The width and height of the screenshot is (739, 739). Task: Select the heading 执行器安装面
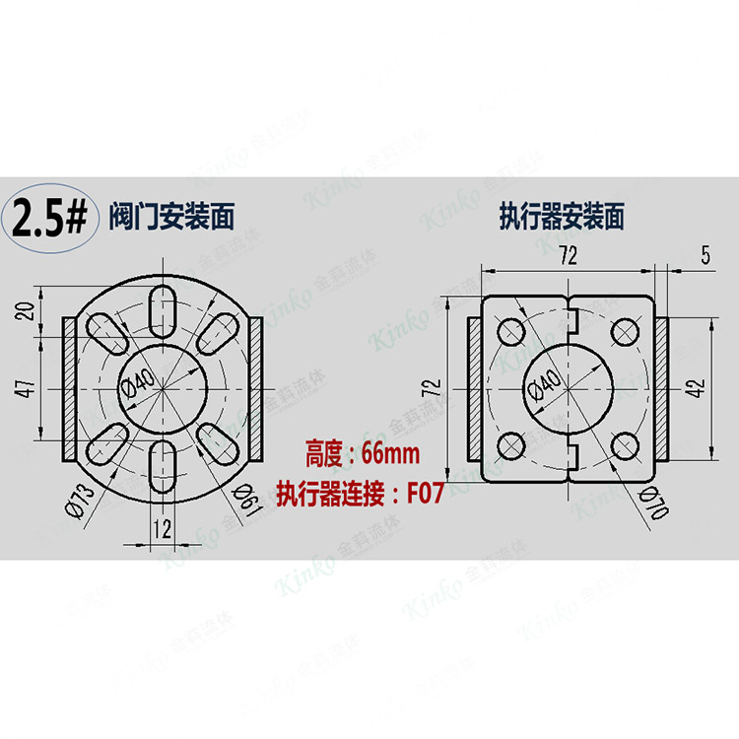coord(563,213)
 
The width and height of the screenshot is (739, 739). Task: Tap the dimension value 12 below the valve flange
coord(164,529)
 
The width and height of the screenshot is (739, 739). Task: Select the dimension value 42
coord(697,388)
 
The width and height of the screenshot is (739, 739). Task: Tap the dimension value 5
coord(705,255)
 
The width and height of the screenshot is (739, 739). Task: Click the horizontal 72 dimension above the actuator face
coord(567,255)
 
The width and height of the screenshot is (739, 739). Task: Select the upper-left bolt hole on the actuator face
coord(510,331)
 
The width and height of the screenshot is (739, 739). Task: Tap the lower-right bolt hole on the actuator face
coord(624,446)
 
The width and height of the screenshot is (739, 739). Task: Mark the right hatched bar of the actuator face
coord(659,388)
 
